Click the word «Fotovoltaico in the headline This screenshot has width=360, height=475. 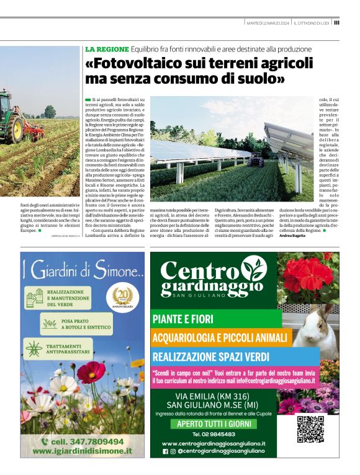(140, 64)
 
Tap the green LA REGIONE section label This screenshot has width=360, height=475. (107, 49)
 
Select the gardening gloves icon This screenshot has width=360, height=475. (35, 296)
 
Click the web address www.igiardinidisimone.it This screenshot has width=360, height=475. (83, 451)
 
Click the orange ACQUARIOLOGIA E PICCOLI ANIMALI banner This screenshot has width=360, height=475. (221, 338)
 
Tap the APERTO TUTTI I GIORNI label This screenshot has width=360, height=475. (214, 425)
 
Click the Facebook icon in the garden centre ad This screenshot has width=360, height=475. (165, 451)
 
